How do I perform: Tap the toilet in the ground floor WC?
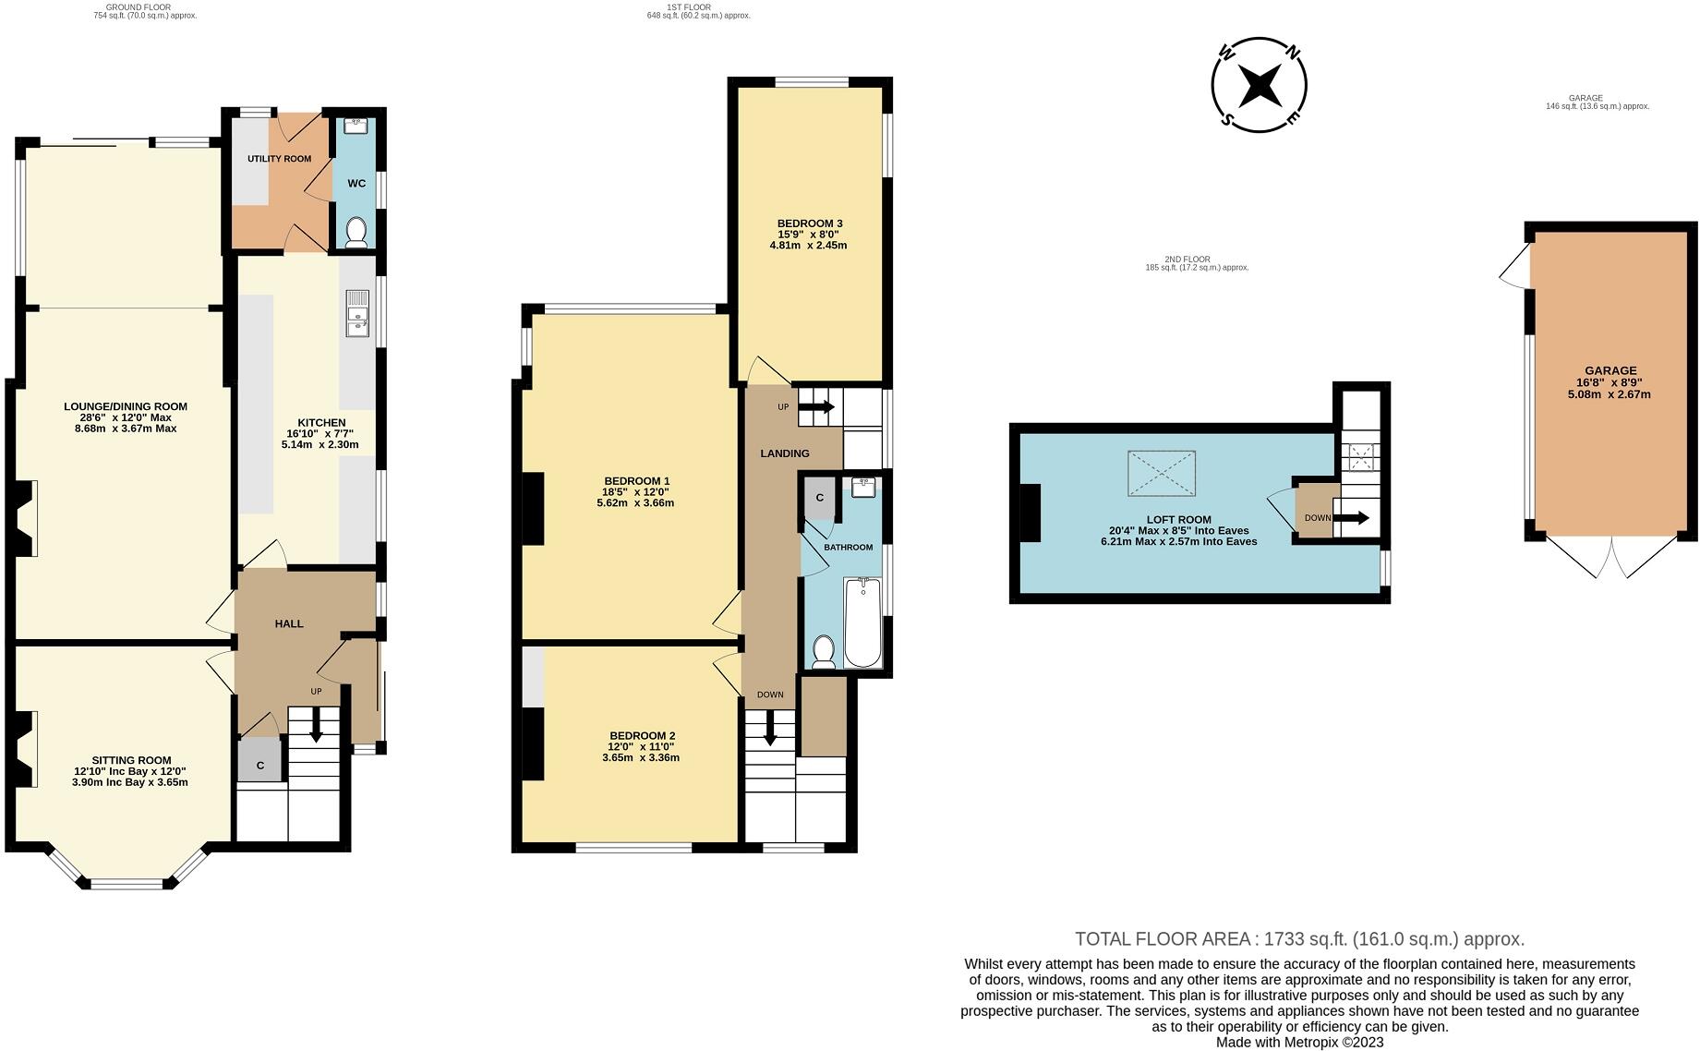(356, 233)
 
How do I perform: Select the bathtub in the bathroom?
(863, 622)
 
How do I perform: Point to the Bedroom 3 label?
(810, 223)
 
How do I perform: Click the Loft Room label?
(1179, 520)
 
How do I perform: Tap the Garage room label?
(1611, 371)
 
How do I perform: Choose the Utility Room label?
(279, 159)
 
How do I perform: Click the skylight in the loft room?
(1162, 473)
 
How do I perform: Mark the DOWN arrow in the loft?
(1351, 518)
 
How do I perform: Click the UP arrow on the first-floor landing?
(816, 407)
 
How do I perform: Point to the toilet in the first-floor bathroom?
(824, 651)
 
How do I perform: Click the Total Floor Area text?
(1300, 939)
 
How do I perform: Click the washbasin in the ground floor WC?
(356, 127)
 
